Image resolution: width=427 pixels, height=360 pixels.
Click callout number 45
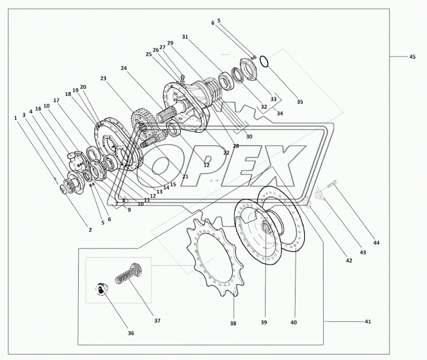coord(412,57)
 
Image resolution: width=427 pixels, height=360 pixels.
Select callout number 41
coord(367,322)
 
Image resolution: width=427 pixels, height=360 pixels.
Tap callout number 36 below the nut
coord(131,333)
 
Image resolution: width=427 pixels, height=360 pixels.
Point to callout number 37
coord(157,321)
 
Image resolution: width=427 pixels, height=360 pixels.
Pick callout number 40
coord(294,322)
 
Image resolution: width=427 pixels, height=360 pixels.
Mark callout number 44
coord(376,243)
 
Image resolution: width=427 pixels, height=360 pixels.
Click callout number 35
coord(300,102)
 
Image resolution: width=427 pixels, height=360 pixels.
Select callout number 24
coord(123,68)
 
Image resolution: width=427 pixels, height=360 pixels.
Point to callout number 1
coord(15,119)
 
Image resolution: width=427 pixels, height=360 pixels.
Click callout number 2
coord(89,229)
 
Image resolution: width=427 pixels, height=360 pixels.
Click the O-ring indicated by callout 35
coord(264,61)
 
